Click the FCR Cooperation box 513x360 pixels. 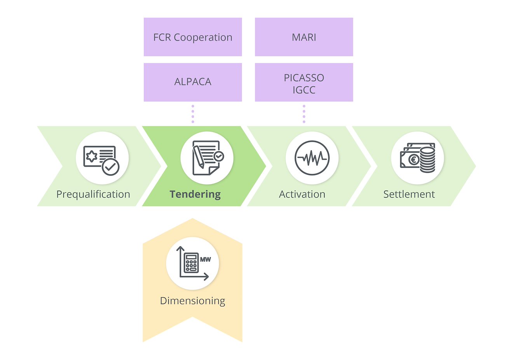tap(193, 37)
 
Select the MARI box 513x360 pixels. tap(304, 37)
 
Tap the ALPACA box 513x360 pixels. tap(193, 82)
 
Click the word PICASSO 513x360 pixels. tap(304, 78)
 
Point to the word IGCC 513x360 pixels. tap(304, 90)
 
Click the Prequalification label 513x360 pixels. tap(93, 194)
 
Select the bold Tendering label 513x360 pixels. tap(195, 194)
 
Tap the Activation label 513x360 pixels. tap(302, 194)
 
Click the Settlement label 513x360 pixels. tap(409, 194)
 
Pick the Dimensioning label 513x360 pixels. tap(192, 301)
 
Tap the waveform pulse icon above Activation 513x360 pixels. tap(312, 158)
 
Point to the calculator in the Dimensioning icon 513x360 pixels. tap(190, 263)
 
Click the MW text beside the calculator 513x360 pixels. tap(206, 259)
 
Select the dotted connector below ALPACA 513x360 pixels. tap(193, 114)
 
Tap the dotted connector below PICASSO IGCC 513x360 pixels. tap(304, 114)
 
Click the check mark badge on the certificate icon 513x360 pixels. tap(111, 167)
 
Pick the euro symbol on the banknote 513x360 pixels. tap(414, 159)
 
